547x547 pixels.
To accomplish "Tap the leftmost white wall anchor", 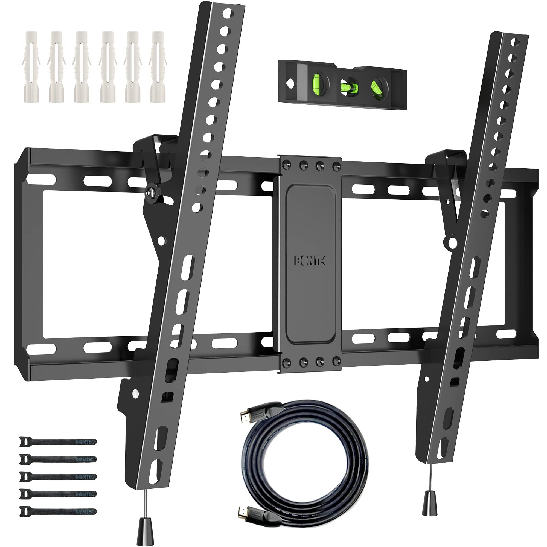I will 31,67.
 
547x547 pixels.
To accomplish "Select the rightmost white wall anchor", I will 158,67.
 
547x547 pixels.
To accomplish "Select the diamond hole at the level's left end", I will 290,83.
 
